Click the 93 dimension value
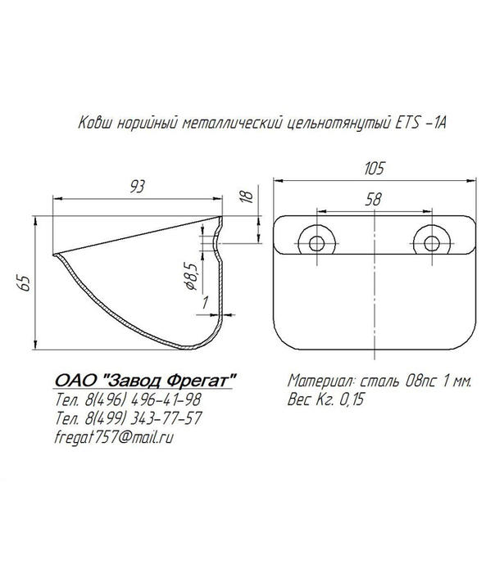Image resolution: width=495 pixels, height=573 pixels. pos(137,187)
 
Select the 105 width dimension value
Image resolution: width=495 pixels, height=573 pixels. pos(375,169)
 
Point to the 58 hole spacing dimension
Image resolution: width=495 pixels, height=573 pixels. pos(373,199)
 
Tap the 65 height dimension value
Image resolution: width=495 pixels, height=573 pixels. pos(24,283)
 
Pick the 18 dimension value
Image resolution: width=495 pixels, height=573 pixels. pos(247,196)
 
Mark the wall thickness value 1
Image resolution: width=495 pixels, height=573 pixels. pos(205,303)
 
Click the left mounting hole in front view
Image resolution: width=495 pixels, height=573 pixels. pos(316,243)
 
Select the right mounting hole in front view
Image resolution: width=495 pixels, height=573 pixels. pos(432,243)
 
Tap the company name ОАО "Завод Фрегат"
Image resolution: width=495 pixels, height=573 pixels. pos(145,381)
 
